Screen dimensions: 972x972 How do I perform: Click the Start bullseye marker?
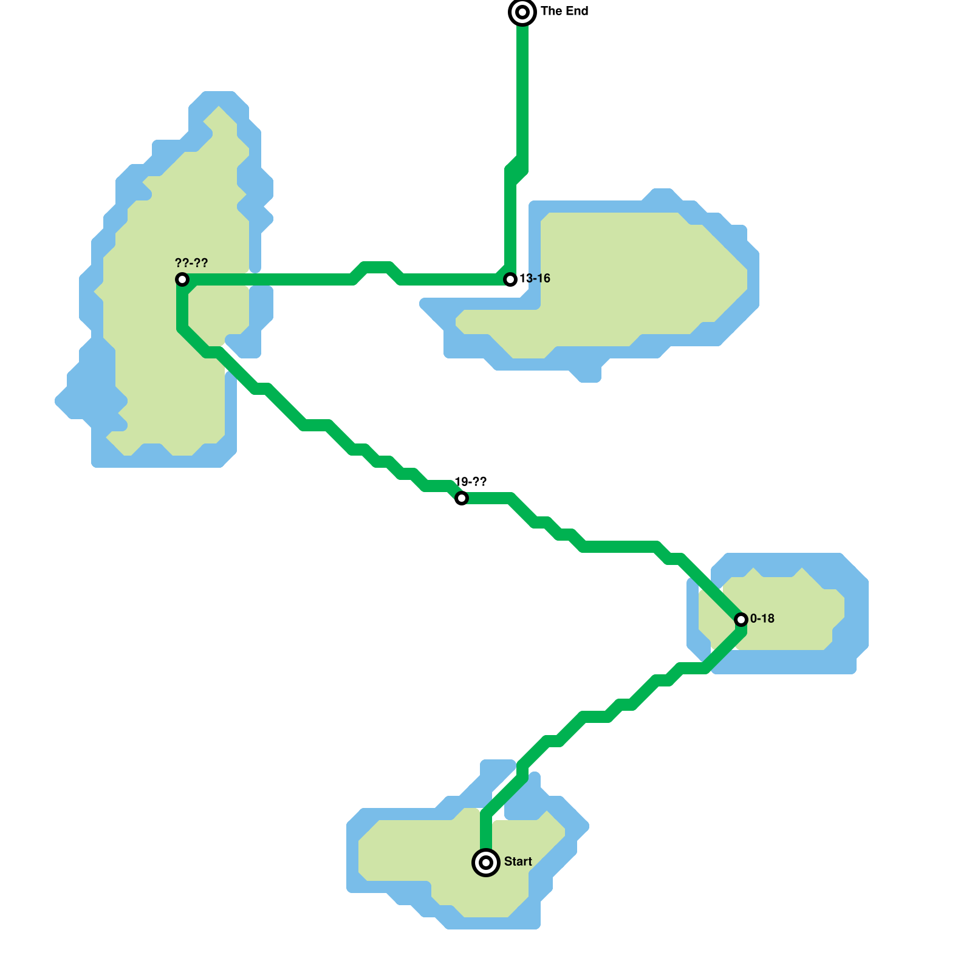click(486, 863)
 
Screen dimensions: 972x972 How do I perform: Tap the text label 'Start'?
click(518, 861)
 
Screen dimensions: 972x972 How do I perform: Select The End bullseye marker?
click(522, 12)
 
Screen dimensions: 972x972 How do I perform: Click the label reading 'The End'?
click(564, 11)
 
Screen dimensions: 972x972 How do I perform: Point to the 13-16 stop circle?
click(510, 279)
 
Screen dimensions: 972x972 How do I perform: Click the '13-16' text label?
click(535, 278)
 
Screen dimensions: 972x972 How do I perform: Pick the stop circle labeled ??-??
click(182, 279)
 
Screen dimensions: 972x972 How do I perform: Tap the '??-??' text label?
click(191, 263)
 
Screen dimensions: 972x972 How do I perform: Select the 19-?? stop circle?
click(462, 498)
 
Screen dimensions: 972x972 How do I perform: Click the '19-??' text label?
click(470, 482)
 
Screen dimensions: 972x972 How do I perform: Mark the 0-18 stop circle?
click(741, 620)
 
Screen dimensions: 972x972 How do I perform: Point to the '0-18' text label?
click(762, 618)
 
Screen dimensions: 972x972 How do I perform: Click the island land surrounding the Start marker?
click(425, 850)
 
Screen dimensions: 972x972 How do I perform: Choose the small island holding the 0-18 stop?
click(790, 614)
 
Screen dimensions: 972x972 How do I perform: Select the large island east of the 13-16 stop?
click(638, 273)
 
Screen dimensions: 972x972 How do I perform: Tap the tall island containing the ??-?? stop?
click(152, 364)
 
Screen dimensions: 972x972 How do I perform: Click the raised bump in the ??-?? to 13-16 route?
click(377, 267)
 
